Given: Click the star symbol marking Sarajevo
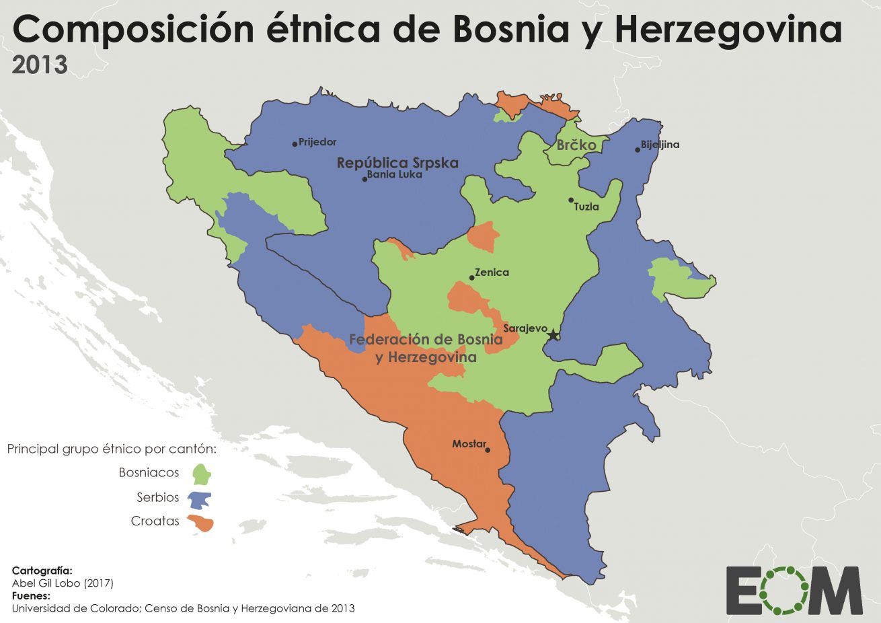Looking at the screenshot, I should [553, 334].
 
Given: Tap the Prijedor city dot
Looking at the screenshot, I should [295, 143].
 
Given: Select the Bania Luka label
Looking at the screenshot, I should [395, 174].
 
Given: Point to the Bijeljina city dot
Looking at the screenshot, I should [637, 149].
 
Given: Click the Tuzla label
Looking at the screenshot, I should [586, 207].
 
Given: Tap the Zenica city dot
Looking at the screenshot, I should [471, 277].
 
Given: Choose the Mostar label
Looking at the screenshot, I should [468, 444].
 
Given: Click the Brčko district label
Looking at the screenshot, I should [576, 145].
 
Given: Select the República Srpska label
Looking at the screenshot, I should [397, 163].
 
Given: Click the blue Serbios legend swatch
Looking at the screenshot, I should [200, 500].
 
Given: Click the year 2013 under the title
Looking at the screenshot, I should [40, 65].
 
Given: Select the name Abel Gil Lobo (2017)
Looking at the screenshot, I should [63, 583].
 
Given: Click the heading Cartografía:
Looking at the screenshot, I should [42, 571].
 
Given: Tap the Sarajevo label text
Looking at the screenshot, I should [525, 328].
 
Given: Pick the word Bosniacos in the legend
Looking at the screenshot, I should [149, 472].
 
